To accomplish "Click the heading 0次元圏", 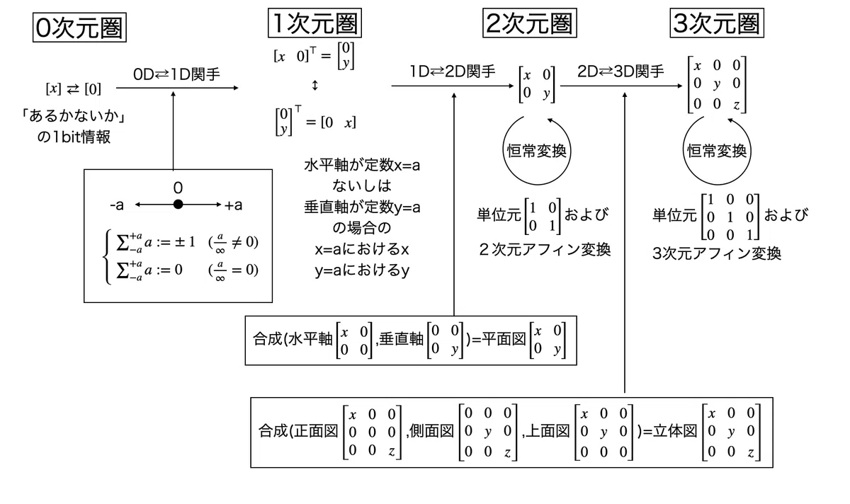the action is tap(79, 28).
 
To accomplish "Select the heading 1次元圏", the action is tap(314, 23).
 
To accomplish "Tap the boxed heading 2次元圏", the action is tap(529, 23).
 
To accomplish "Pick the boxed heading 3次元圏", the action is tap(717, 23).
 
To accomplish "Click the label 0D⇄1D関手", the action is tap(176, 74).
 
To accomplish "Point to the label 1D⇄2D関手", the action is tap(453, 71).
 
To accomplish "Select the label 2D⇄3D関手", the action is tap(620, 71).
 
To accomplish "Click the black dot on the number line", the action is tap(178, 205).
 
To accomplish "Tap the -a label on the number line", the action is tap(117, 205).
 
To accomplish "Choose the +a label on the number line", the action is tap(233, 205).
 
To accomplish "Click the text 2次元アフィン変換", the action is tap(545, 250).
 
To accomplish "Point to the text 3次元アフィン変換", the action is tap(717, 253).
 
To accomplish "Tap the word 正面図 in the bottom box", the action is tap(315, 431).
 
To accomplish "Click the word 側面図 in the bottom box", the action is tap(431, 431).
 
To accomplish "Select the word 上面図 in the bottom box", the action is tap(548, 431).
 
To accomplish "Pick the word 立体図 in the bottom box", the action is tap(675, 431).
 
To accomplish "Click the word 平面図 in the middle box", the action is tap(504, 339).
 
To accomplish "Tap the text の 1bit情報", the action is tap(74, 137).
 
